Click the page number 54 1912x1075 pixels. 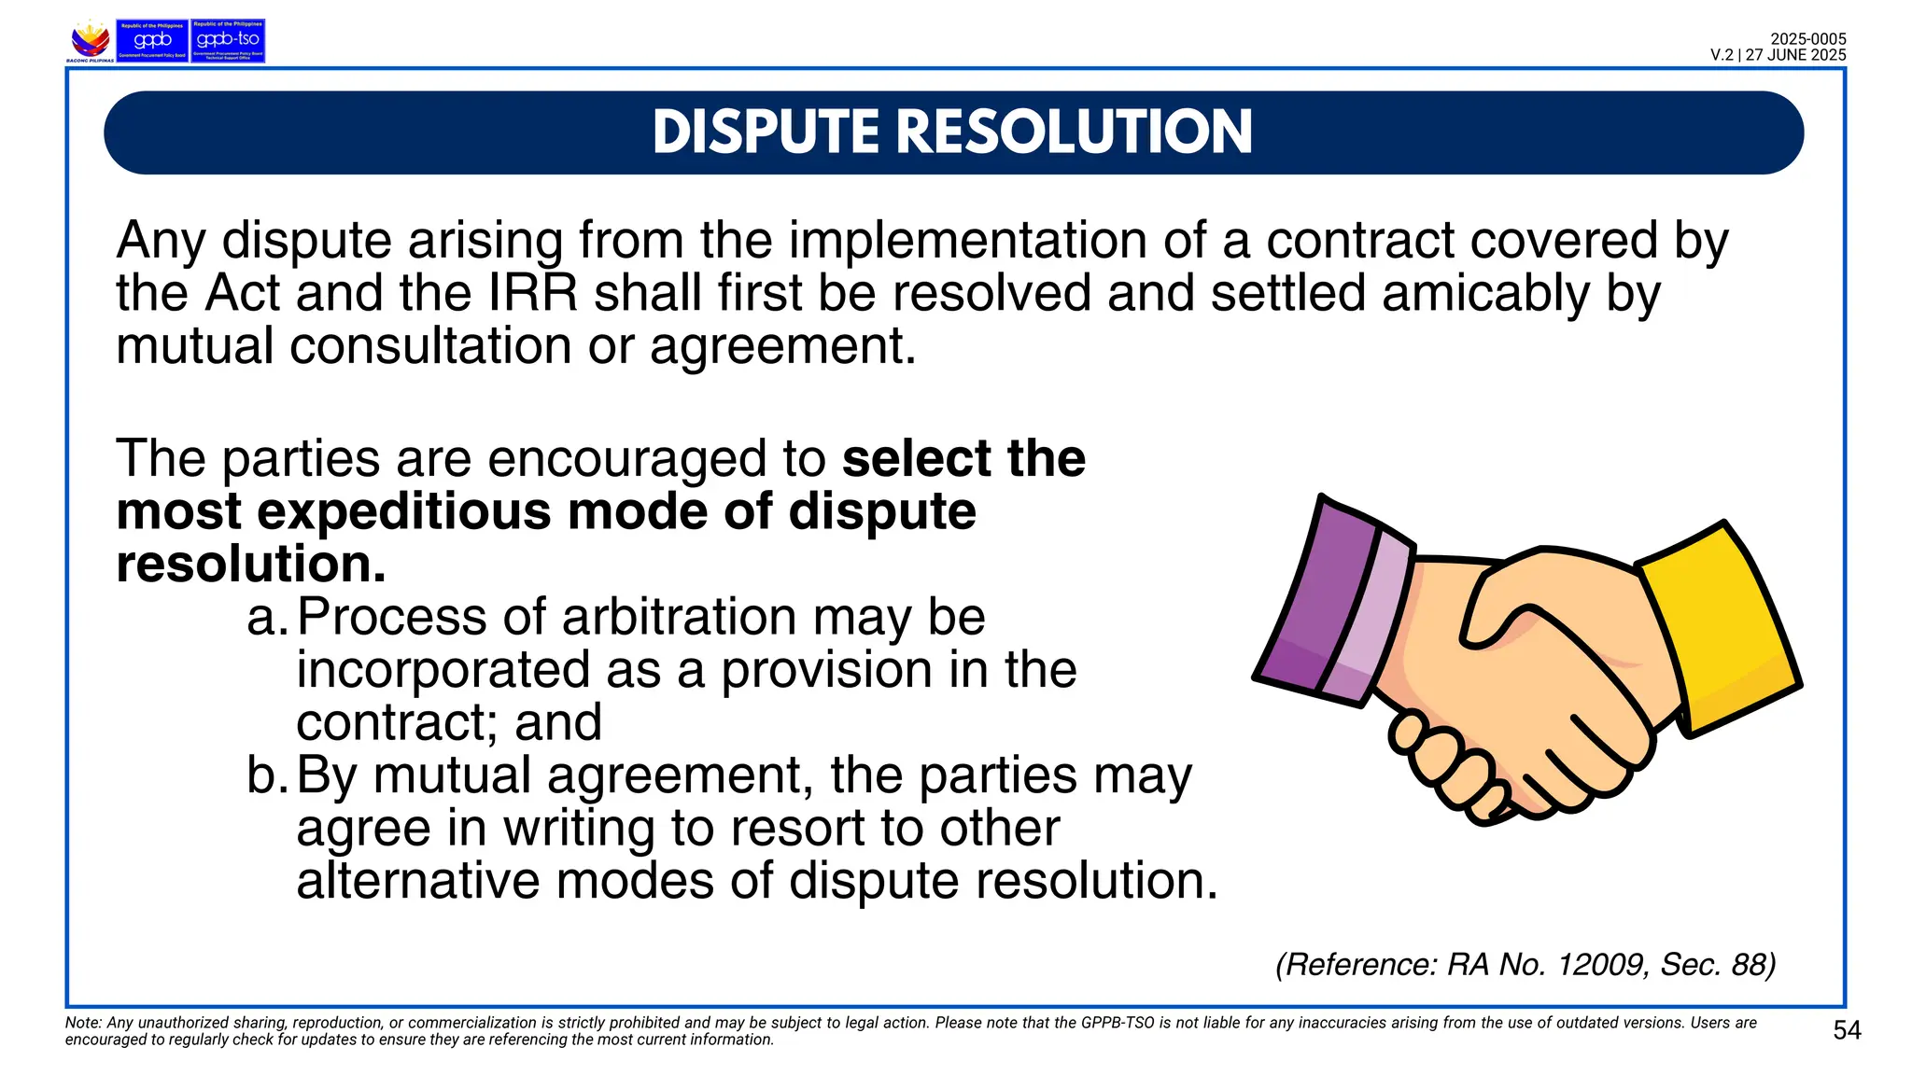(1847, 1030)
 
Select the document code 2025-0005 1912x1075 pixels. (1807, 39)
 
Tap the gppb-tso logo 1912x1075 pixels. (228, 41)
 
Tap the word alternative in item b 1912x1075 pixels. (417, 881)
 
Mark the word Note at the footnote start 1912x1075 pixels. (82, 1023)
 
